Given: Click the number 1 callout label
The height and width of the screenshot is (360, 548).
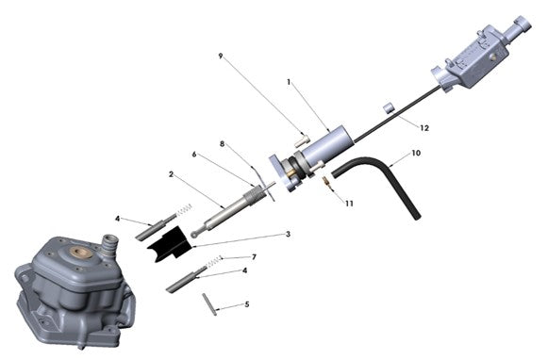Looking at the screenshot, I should coord(290,83).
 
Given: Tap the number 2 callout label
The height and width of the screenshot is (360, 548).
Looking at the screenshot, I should coord(171,174).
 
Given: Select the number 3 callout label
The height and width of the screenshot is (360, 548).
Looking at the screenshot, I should coord(288,234).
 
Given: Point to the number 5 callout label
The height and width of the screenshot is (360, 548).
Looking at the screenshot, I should coord(247,305).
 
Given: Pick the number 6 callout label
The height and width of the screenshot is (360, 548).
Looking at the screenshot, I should coord(193,155).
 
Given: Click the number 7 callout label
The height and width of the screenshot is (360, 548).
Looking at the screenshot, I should coord(253,256).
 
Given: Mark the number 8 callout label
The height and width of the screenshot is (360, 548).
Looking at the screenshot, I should coord(222,144).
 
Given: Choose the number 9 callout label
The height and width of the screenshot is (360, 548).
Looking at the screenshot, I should coord(221,56).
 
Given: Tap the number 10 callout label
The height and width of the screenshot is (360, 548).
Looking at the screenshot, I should coord(416,152).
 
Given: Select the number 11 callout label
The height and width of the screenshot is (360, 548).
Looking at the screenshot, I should coord(349,204).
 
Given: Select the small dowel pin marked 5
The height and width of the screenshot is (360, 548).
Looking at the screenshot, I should coord(209,303).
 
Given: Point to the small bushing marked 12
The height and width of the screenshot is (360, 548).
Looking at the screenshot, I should coord(387,106).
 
